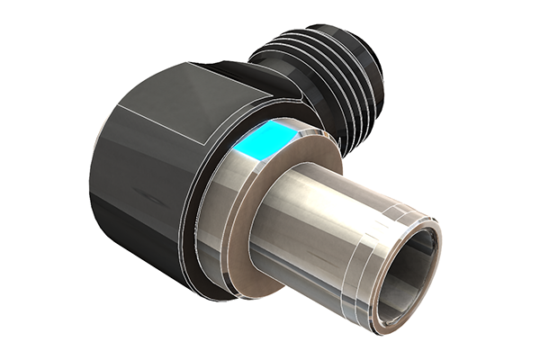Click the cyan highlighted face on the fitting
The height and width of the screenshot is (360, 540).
pos(268,140)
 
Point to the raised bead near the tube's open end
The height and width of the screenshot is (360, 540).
pos(396,216)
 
